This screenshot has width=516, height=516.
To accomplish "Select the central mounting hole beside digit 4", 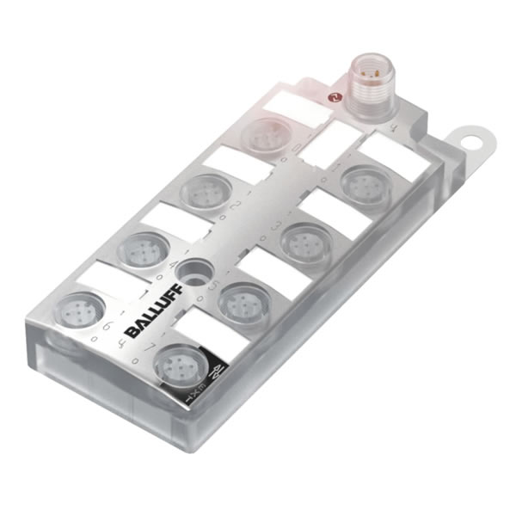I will coord(193,273).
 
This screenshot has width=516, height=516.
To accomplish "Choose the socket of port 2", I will coord(206,191).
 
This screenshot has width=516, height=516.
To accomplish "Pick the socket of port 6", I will coord(77,310).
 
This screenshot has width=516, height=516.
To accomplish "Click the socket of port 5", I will coord(243,302).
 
